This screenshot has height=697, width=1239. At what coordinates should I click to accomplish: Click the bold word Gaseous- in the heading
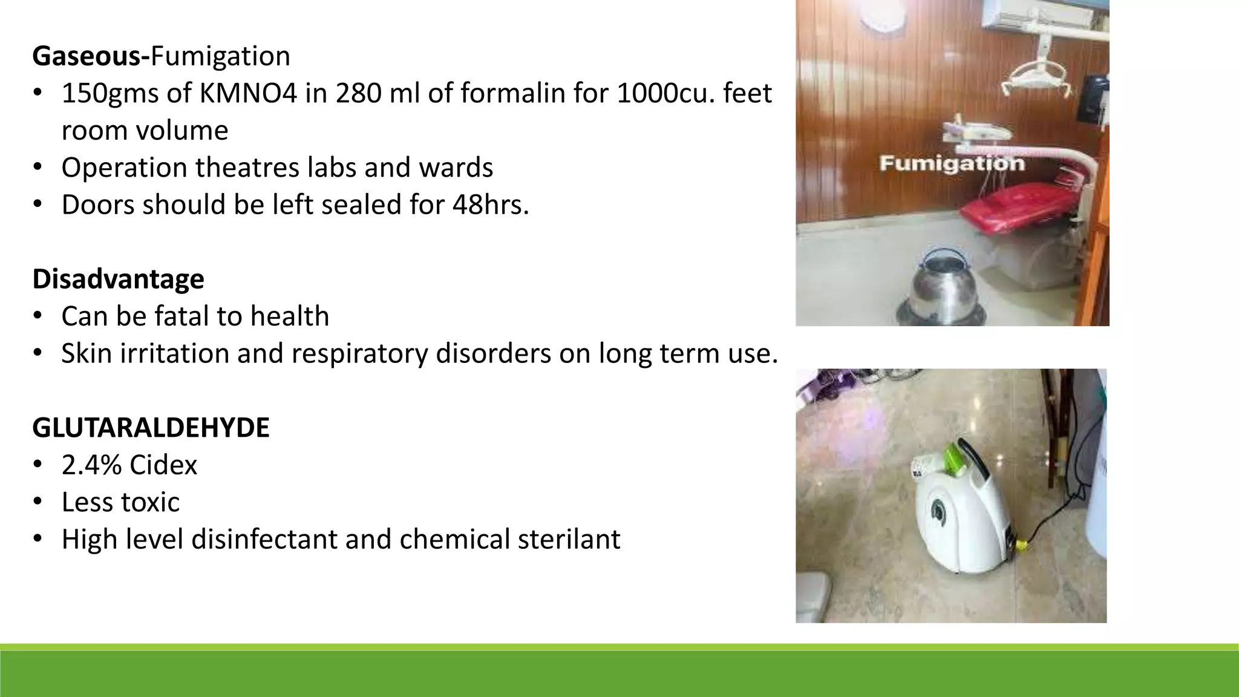coord(91,56)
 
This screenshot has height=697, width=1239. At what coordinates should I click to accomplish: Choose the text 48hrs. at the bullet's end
coord(491,205)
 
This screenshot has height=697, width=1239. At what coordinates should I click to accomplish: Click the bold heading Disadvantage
coord(118,279)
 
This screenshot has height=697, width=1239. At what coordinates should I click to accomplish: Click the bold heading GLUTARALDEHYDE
coord(151,428)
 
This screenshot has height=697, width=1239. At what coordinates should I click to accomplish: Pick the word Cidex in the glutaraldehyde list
coord(163,465)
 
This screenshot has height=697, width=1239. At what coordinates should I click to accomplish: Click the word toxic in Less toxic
coord(154,503)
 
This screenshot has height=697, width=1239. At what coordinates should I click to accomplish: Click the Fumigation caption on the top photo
coord(952,163)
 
